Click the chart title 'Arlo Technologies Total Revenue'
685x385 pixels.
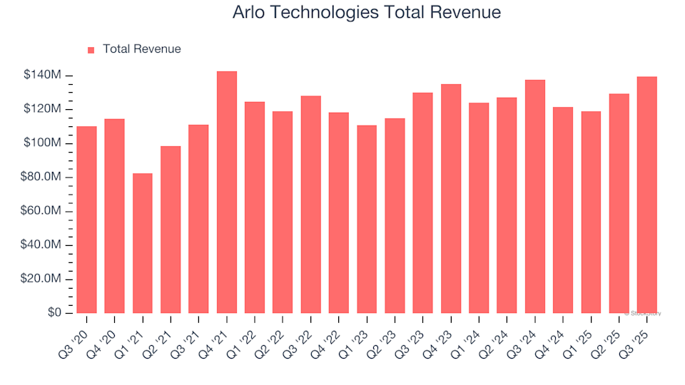pyautogui.click(x=367, y=13)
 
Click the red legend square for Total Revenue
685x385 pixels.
pyautogui.click(x=91, y=50)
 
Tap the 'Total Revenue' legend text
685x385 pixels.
pyautogui.click(x=141, y=49)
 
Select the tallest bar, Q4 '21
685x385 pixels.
pyautogui.click(x=226, y=192)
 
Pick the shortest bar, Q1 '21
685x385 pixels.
pyautogui.click(x=142, y=243)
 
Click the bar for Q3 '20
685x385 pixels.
pyautogui.click(x=86, y=220)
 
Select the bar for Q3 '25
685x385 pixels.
pyautogui.click(x=646, y=195)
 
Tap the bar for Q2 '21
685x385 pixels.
pyautogui.click(x=171, y=230)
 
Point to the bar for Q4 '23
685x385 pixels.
pyautogui.click(x=450, y=199)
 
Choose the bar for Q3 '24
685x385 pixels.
pyautogui.click(x=534, y=196)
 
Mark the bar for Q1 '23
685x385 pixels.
pyautogui.click(x=367, y=219)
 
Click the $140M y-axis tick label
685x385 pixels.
pyautogui.click(x=41, y=76)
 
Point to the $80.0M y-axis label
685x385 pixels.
pyautogui.click(x=41, y=178)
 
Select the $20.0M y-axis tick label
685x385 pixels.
pyautogui.click(x=41, y=279)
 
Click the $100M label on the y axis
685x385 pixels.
pyautogui.click(x=41, y=143)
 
